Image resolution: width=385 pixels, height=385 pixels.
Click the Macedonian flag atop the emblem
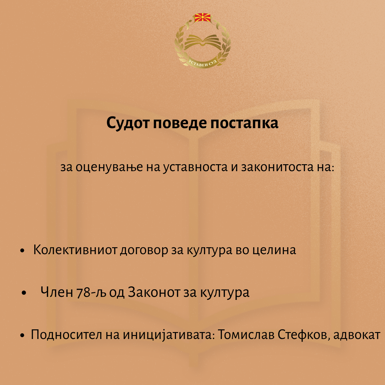point(202,18)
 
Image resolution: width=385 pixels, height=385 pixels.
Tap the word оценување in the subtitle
point(109,167)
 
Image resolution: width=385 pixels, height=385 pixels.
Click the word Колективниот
point(75,250)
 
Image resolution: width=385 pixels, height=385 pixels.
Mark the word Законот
point(154,292)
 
